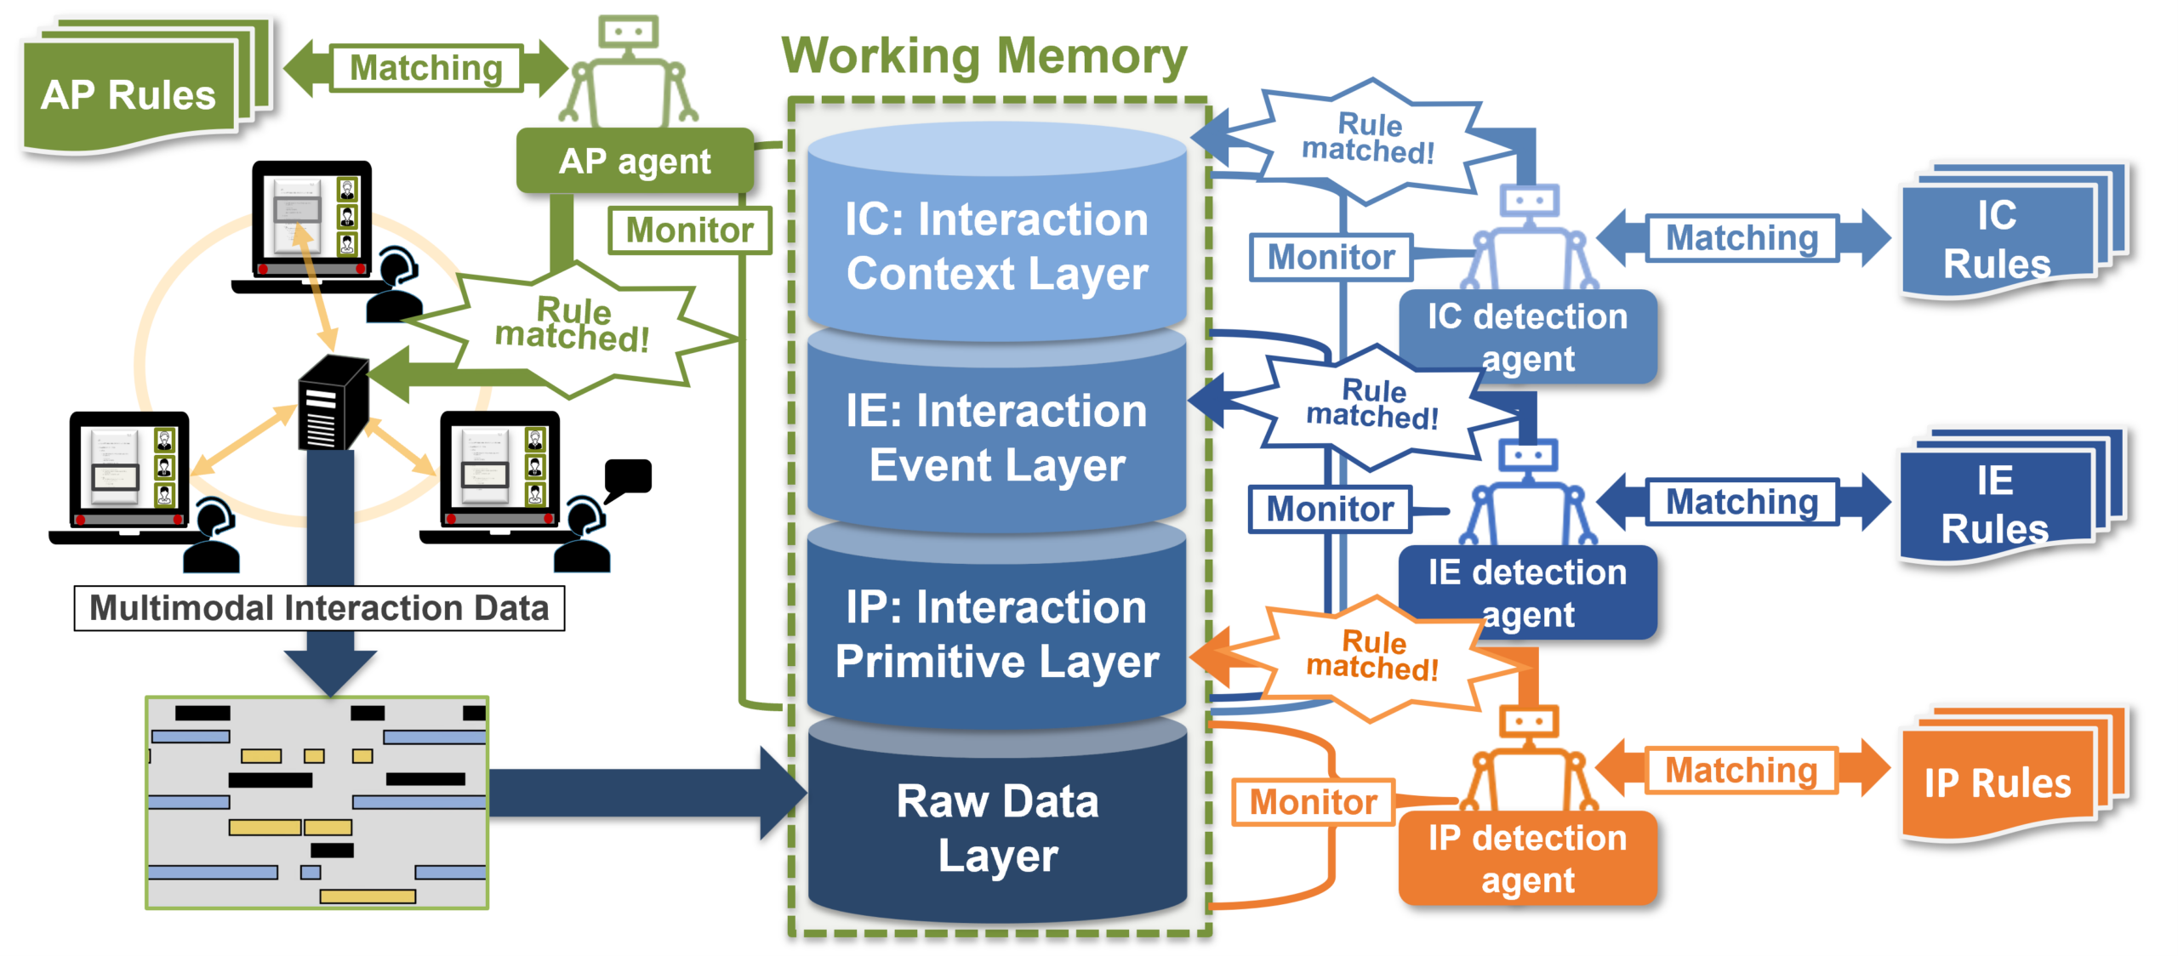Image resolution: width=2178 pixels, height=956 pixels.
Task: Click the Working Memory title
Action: (x=984, y=56)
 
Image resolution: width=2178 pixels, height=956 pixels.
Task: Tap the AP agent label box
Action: (x=635, y=161)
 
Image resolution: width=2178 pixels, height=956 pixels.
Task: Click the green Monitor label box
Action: (x=689, y=230)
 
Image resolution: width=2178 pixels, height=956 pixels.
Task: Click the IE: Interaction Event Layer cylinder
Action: (x=996, y=438)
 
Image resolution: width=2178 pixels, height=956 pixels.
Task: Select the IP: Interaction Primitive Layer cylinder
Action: (x=996, y=634)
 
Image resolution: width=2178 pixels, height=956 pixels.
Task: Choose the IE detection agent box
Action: (x=1527, y=593)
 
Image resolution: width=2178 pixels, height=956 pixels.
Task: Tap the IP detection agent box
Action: (x=1527, y=858)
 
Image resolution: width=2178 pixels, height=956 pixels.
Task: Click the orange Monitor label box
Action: (x=1313, y=802)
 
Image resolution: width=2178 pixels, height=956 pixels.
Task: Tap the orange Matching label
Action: (x=1741, y=771)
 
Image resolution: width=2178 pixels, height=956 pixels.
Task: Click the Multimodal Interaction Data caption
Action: (x=319, y=608)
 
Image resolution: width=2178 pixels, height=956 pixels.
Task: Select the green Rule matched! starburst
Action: (x=572, y=327)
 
